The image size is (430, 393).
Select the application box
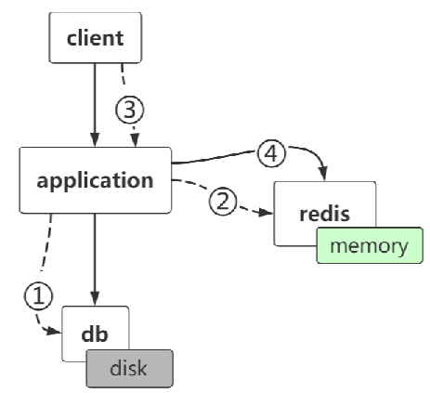click(x=95, y=179)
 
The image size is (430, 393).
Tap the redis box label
click(x=325, y=214)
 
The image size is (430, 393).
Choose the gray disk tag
click(x=129, y=367)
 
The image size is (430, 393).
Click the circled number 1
click(x=35, y=296)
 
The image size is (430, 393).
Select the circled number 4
click(x=270, y=155)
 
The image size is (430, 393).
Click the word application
click(x=95, y=179)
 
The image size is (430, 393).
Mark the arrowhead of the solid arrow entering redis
click(x=324, y=176)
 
